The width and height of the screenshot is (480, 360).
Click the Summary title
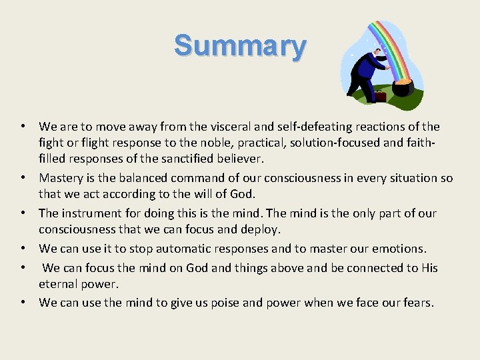[x=240, y=46]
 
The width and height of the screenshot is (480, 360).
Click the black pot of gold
[x=403, y=88]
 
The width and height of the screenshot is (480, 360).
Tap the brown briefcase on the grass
[x=379, y=96]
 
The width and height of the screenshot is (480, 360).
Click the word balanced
[x=145, y=178]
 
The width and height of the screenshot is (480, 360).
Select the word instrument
[x=90, y=213]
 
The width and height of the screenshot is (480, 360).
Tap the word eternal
[x=59, y=283]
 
